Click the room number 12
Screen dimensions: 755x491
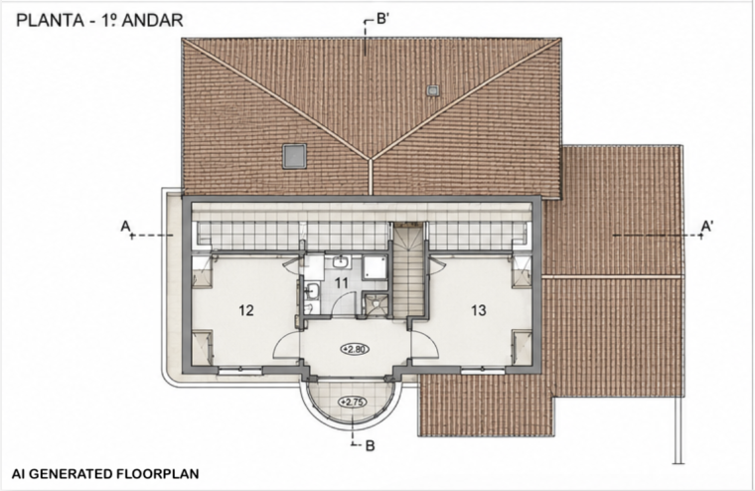(246, 310)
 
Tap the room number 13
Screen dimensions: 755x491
(479, 310)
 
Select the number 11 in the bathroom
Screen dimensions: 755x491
(341, 282)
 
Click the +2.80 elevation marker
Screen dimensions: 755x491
(355, 349)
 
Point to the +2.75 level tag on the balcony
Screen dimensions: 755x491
(353, 402)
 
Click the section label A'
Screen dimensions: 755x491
(707, 226)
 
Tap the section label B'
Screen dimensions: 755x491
(382, 19)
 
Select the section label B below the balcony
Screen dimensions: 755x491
(370, 445)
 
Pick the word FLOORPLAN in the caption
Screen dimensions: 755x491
(157, 474)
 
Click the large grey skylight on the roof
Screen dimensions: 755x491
(294, 156)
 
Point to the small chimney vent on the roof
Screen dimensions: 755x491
(432, 90)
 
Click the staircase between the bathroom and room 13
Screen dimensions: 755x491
(409, 269)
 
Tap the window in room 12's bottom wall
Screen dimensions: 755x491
(239, 371)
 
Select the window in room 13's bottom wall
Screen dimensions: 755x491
(483, 371)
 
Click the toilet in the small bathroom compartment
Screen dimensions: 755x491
(376, 303)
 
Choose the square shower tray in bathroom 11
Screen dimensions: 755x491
(375, 267)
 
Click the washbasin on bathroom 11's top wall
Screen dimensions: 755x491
(341, 262)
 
